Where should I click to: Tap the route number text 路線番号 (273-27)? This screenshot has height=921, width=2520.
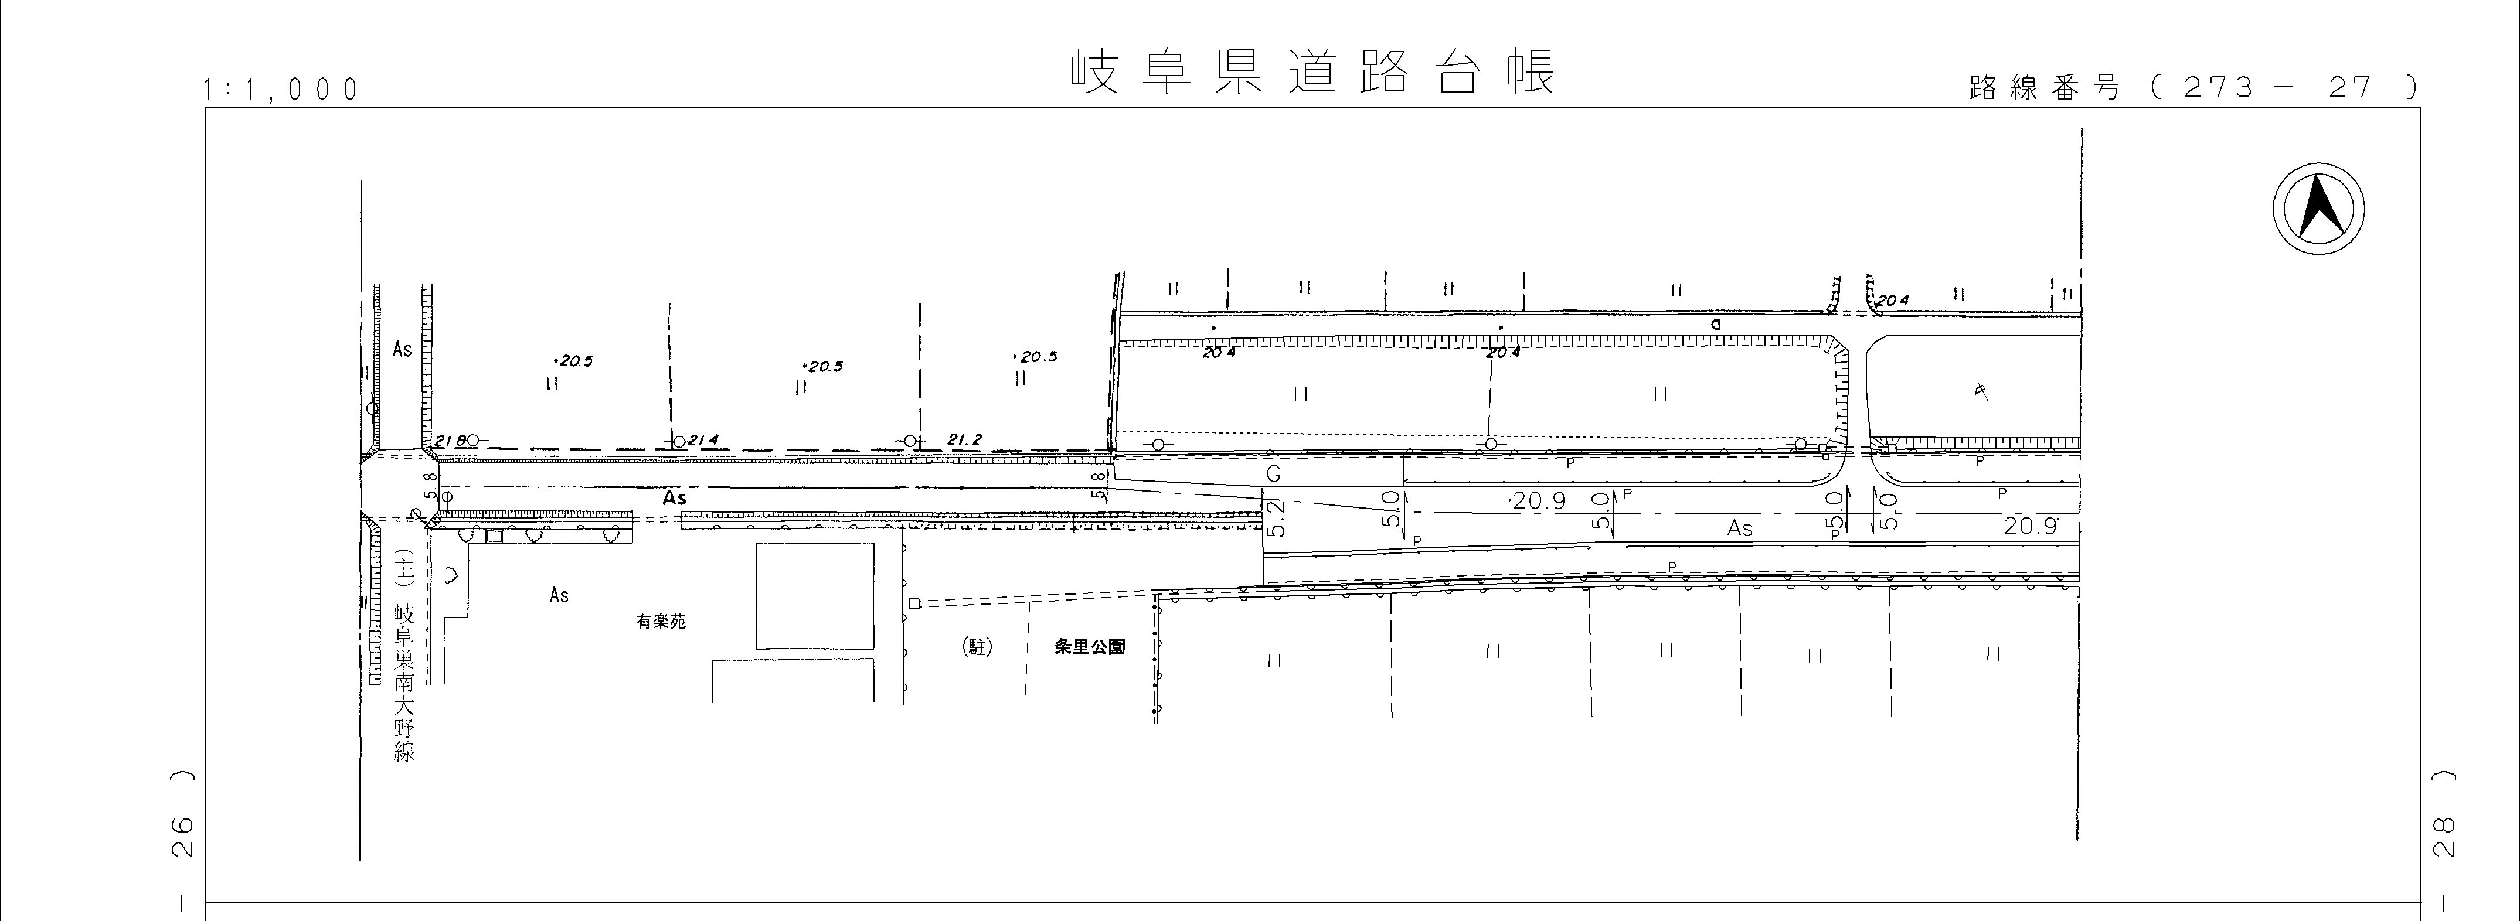[2191, 88]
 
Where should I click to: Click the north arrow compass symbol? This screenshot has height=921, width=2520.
[2318, 210]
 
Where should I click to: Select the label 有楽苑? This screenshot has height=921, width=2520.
[661, 622]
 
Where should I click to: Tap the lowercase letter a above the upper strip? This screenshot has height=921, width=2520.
[1716, 323]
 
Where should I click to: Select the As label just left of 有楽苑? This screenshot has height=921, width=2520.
[559, 595]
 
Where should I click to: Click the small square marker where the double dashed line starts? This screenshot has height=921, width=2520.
[914, 604]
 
